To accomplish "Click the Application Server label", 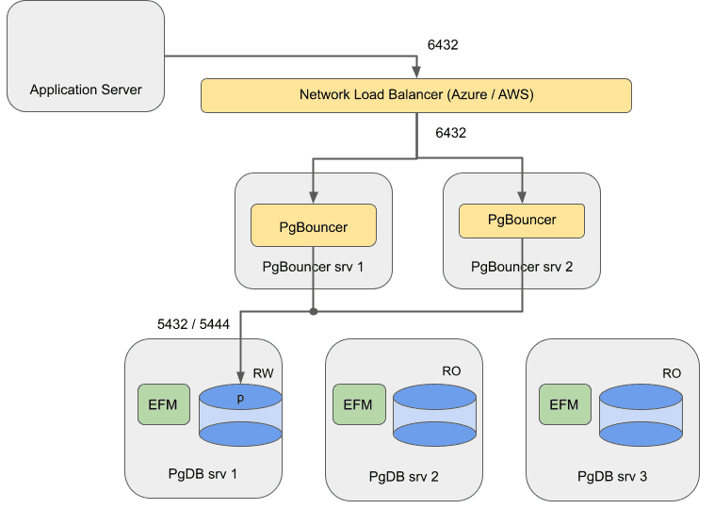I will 86,90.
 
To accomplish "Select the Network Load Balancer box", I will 415,95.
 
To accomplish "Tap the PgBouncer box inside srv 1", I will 314,227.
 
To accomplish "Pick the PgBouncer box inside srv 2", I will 522,220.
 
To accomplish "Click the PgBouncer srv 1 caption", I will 313,267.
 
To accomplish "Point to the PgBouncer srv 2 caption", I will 521,267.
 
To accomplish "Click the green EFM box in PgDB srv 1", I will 164,404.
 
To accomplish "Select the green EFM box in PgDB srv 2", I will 358,404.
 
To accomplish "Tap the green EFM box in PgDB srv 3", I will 563,404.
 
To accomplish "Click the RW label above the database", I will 263,374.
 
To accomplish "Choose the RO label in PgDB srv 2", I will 452,371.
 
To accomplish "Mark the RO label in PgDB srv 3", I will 671,373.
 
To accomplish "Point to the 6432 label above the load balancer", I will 443,44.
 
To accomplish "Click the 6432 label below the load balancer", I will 450,133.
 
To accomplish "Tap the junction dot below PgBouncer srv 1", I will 314,310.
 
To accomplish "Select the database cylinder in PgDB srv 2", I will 434,415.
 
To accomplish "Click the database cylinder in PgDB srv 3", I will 640,415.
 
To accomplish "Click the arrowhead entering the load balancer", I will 415,74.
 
